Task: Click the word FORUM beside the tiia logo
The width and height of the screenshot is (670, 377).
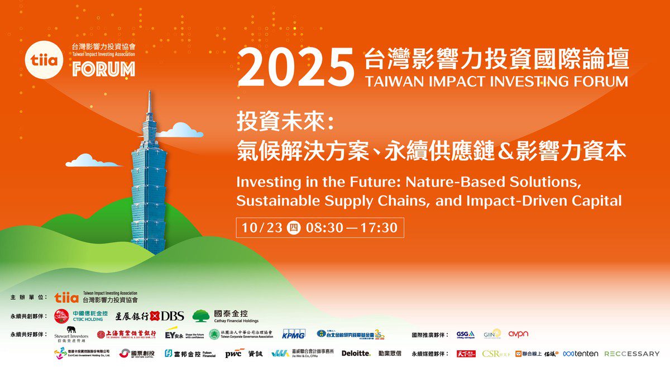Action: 103,69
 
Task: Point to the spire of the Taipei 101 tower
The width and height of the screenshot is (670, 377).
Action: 150,106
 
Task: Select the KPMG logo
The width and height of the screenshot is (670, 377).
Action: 293,334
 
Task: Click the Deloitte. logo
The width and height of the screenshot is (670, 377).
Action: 356,353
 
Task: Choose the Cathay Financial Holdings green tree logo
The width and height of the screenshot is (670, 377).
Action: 201,316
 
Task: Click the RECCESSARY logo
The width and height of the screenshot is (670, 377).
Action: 631,354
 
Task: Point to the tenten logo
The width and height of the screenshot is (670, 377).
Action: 581,354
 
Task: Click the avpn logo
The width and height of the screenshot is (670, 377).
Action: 518,334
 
